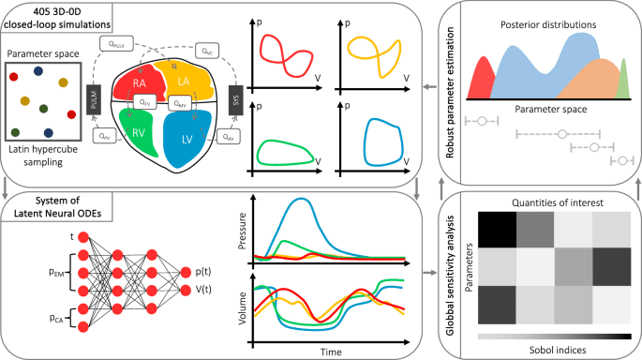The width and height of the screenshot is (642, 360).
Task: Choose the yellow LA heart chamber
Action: coord(186,83)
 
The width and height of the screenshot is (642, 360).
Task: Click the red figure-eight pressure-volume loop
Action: coord(286,54)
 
